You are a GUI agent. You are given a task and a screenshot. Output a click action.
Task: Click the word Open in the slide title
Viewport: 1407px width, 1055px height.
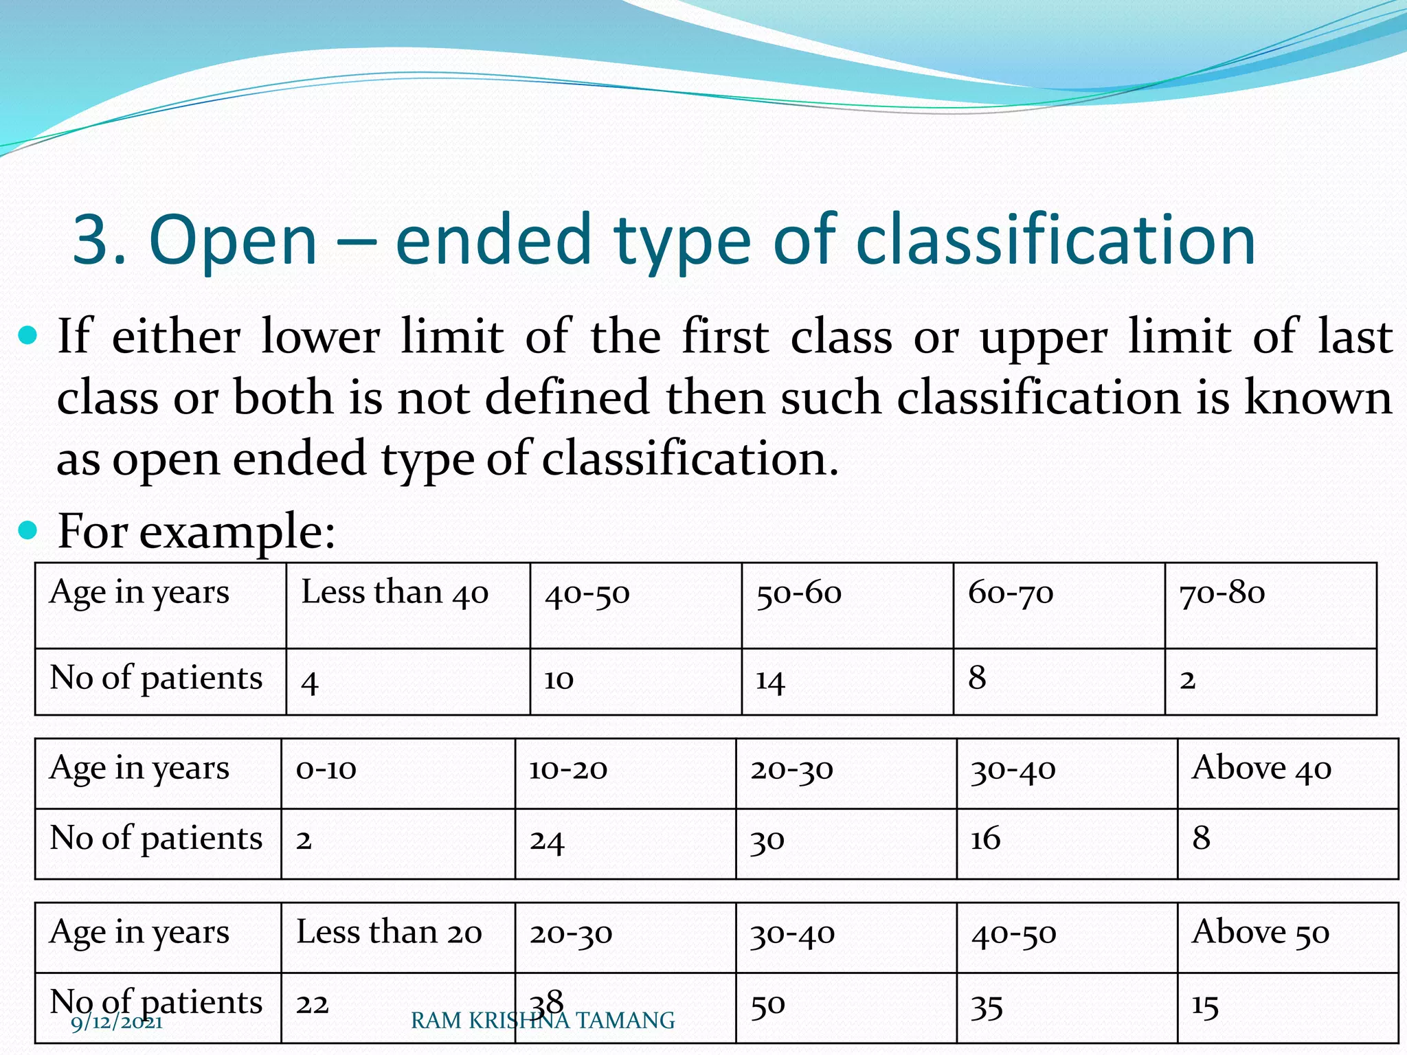click(x=234, y=240)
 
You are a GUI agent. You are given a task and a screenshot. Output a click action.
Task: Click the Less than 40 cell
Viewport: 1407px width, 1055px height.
click(x=394, y=593)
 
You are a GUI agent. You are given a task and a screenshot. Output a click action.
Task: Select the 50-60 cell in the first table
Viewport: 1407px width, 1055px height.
click(x=798, y=593)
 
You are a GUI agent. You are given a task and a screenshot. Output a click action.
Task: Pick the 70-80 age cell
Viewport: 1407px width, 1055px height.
click(x=1222, y=593)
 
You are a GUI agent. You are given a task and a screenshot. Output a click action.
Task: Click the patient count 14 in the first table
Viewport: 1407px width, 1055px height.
click(x=769, y=680)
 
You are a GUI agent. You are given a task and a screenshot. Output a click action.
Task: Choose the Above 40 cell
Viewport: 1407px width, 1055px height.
click(x=1261, y=768)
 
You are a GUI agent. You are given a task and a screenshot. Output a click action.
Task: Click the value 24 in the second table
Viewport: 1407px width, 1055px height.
click(x=547, y=840)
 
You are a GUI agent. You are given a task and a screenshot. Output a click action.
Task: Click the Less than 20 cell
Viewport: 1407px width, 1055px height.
click(x=389, y=933)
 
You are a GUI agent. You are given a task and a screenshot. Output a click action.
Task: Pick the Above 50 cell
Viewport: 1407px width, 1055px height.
click(x=1260, y=933)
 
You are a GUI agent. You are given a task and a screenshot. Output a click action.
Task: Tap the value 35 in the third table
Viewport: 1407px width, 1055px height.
click(x=987, y=1007)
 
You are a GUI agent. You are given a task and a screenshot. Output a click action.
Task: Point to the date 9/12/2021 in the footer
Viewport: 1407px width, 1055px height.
click(x=117, y=1023)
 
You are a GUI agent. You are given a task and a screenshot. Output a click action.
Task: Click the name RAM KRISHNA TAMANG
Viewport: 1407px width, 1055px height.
click(x=543, y=1021)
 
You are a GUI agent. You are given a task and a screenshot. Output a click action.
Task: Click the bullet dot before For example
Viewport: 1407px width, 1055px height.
click(x=27, y=530)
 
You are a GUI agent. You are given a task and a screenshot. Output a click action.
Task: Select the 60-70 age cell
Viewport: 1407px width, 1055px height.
click(x=1010, y=593)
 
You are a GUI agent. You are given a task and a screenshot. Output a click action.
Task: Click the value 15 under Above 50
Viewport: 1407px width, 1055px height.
click(x=1204, y=1006)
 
